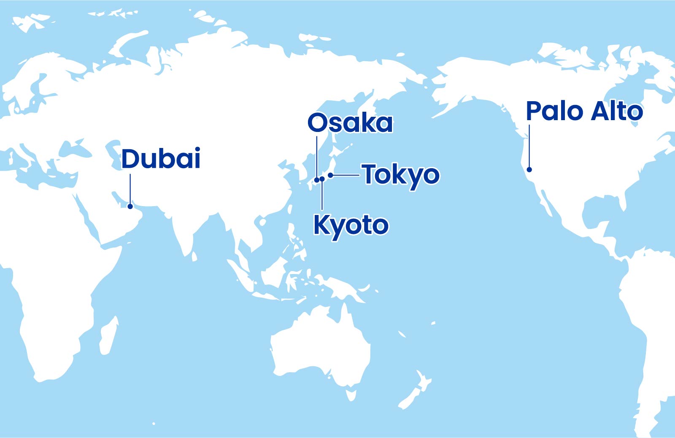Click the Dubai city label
tap(161, 159)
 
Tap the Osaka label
tap(350, 123)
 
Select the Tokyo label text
tap(401, 175)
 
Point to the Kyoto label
tap(351, 225)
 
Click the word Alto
tap(617, 111)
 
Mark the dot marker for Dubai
tap(130, 206)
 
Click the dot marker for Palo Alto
tap(529, 169)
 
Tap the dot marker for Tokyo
tap(330, 175)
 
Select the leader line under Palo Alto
tap(529, 145)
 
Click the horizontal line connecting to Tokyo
tap(346, 175)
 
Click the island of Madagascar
tap(108, 335)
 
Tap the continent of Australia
tap(321, 346)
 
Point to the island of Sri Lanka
tap(194, 256)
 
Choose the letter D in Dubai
tap(130, 159)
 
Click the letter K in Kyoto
tap(321, 224)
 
